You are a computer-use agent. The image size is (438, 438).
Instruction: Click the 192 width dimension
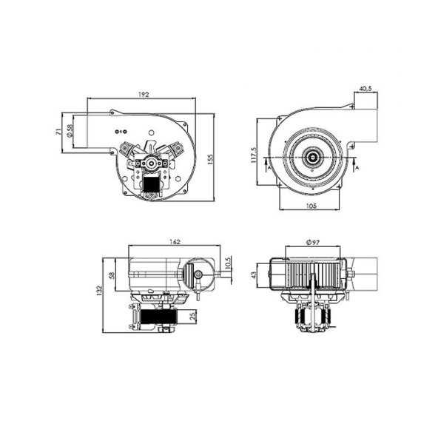144,94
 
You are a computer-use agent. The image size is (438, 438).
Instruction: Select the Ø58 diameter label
69,131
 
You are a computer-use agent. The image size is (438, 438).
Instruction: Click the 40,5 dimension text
365,89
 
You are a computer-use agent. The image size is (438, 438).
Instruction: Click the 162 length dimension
175,241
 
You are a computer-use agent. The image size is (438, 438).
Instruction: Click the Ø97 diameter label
312,242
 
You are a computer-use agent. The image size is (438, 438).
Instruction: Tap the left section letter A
261,168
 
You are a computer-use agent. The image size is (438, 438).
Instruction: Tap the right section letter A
357,168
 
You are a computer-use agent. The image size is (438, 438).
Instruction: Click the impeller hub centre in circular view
311,157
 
